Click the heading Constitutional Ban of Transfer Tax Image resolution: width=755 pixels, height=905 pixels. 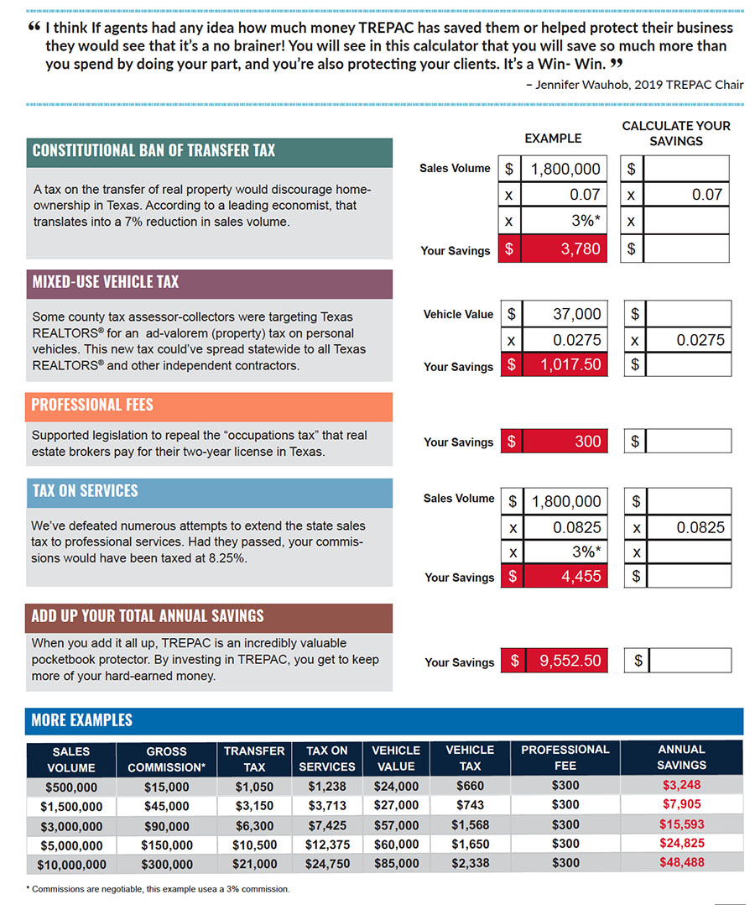coord(154,151)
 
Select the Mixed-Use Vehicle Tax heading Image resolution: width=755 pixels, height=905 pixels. coord(105,282)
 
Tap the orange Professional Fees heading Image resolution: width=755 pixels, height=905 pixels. coord(92,405)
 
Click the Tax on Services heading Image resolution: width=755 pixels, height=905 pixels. coord(85,491)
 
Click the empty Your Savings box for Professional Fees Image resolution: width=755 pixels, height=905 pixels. coord(688,441)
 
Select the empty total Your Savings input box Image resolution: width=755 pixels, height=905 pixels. coord(690,661)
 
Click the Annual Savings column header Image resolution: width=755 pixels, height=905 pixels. coord(681,756)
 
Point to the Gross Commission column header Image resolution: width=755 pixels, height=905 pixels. coord(166,759)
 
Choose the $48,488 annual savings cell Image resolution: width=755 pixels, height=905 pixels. coord(681,862)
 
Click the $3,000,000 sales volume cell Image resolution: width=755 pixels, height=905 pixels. coord(71,826)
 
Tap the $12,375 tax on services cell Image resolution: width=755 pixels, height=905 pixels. coord(327,845)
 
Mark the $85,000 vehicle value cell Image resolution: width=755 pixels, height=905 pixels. coord(396,863)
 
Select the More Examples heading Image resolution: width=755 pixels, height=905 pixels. coord(81,720)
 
